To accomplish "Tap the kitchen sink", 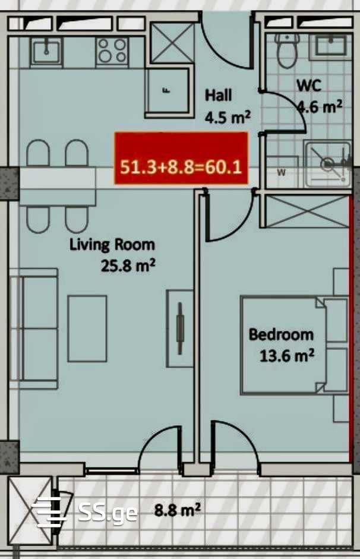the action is click(46, 51).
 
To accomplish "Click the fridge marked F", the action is click(167, 92).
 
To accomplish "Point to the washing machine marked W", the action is click(282, 172).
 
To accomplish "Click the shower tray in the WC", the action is click(328, 163).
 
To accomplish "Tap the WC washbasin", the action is click(331, 46).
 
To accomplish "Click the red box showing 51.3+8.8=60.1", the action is click(181, 158).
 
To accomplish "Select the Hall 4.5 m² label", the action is click(228, 106).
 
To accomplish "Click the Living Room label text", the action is click(112, 245).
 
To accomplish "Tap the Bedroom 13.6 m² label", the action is click(282, 345).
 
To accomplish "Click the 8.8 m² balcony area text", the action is click(177, 510).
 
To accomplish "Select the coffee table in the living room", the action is click(87, 329).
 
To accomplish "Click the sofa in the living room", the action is click(34, 329).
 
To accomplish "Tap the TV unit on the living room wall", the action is click(179, 329).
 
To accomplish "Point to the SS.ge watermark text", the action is click(108, 513).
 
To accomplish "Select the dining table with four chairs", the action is click(57, 186).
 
